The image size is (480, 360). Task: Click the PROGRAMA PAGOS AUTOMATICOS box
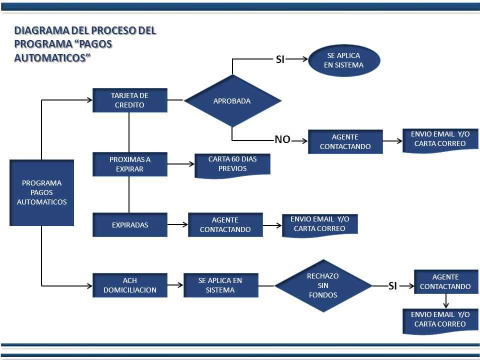[41, 192]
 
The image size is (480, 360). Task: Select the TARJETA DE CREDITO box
[130, 100]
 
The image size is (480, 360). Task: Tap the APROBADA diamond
[232, 100]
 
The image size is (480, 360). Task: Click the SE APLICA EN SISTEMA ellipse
[344, 60]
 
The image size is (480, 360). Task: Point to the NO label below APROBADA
[282, 139]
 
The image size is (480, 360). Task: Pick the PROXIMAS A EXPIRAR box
[130, 164]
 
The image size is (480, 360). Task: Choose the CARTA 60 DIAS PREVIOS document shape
[232, 166]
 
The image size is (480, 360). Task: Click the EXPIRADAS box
[130, 224]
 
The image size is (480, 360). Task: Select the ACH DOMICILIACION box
[130, 285]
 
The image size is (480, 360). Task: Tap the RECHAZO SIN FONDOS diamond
[323, 285]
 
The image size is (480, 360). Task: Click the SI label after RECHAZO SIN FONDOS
[393, 286]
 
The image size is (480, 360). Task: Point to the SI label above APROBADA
[280, 59]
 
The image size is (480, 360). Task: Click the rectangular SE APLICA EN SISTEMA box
[220, 285]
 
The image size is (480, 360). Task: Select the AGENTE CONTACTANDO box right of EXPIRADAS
[225, 224]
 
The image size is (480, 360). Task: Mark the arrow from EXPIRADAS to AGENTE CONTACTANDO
[177, 224]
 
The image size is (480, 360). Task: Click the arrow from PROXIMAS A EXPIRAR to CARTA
[181, 164]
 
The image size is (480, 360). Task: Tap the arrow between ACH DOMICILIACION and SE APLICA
[175, 285]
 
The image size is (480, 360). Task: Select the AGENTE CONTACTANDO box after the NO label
[345, 141]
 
